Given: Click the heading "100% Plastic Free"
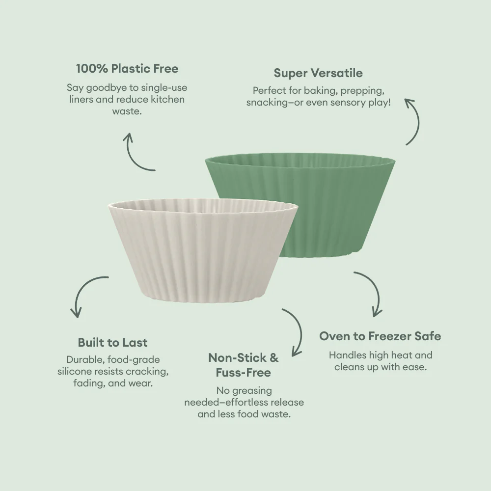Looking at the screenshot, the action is (x=127, y=69).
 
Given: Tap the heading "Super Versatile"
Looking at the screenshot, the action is (x=318, y=73).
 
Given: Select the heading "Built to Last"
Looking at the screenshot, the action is (x=113, y=342).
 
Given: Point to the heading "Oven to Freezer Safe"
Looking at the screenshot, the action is (x=380, y=336).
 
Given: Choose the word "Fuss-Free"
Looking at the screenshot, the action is (x=244, y=373).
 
